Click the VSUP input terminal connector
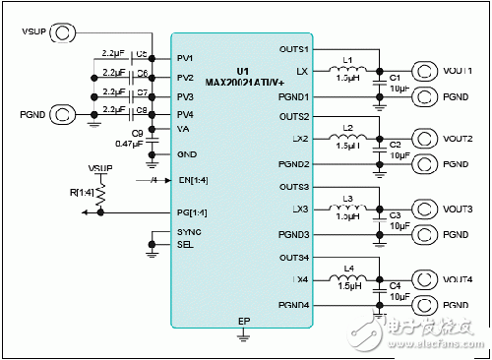(x=64, y=32)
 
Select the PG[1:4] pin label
(x=192, y=212)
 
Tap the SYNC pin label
(x=188, y=232)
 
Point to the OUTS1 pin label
(x=293, y=49)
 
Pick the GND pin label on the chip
(x=186, y=154)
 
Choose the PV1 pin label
(x=185, y=57)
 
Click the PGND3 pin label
(x=293, y=233)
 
